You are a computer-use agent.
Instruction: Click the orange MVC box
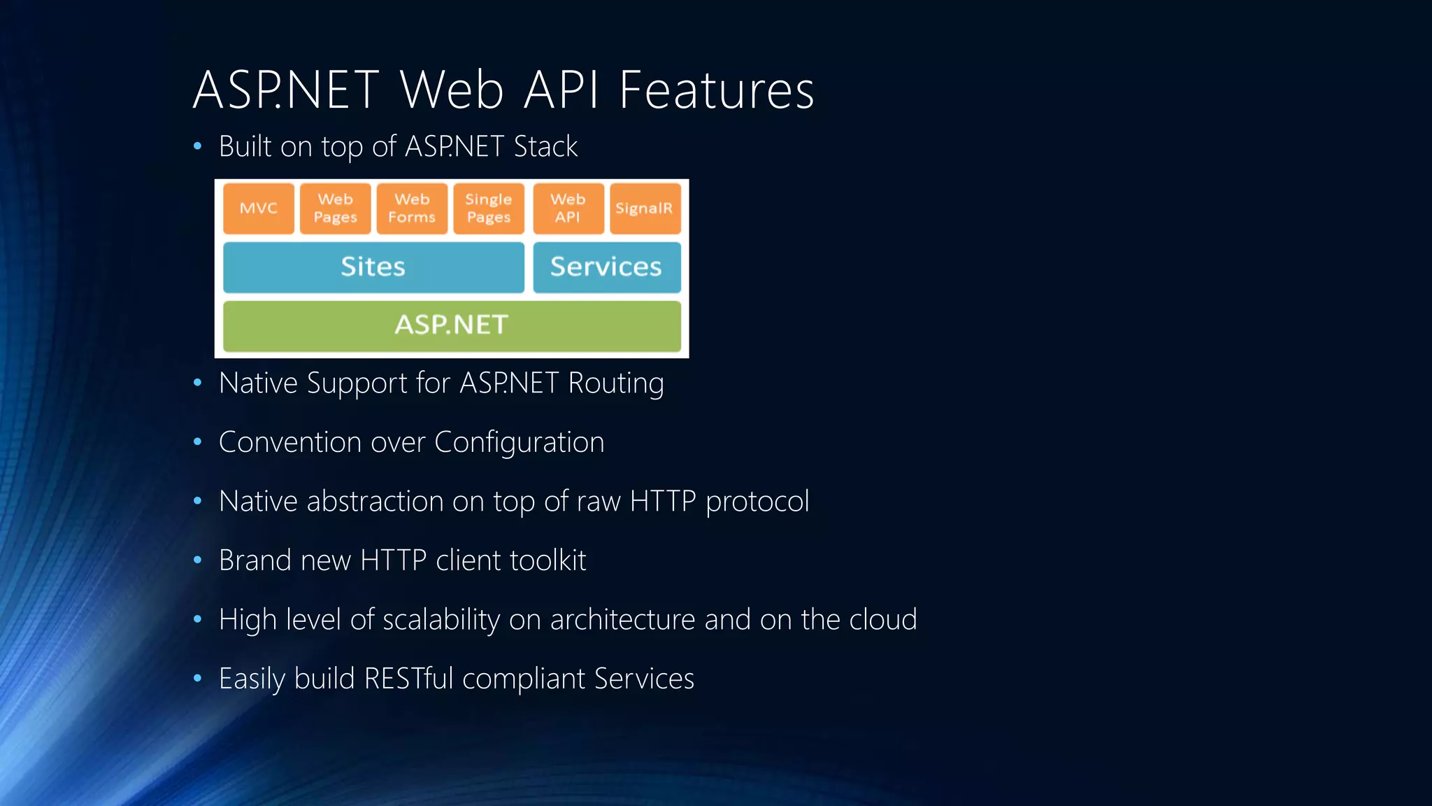coord(259,208)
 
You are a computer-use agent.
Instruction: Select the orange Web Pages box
coord(336,208)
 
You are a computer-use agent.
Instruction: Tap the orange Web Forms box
coord(412,208)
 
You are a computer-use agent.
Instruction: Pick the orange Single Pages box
coord(489,208)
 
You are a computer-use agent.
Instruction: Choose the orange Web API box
coord(568,208)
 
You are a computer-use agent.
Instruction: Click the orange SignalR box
coord(645,208)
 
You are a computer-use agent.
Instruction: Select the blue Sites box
coord(373,267)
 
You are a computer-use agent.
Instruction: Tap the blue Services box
coord(606,267)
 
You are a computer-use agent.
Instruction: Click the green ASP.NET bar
coord(452,325)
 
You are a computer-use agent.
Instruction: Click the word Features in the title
coord(717,91)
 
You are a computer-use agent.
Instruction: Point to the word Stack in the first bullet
coord(545,147)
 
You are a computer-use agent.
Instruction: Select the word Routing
coord(616,383)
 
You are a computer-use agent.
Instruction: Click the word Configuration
coord(519,443)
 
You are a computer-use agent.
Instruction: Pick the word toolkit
coord(547,561)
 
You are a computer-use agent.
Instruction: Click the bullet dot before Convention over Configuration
coord(198,442)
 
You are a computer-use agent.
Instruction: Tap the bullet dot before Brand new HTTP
coord(198,560)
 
